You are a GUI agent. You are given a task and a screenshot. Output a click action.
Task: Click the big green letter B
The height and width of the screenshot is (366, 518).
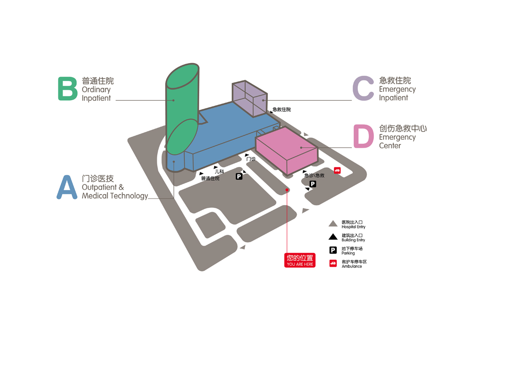click(x=68, y=88)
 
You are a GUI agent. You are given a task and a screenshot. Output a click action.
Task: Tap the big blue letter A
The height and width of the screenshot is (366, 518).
click(x=67, y=187)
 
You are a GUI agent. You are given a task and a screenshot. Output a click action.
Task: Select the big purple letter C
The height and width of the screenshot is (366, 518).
click(x=363, y=88)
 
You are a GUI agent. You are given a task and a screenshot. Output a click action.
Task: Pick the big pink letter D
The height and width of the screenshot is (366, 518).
click(x=364, y=136)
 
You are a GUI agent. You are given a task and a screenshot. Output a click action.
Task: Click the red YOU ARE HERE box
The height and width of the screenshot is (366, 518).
click(x=300, y=260)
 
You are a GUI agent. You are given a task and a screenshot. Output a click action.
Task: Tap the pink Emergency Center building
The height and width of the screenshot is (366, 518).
click(x=287, y=150)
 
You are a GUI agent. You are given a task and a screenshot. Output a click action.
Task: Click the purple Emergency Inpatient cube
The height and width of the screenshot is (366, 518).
click(x=250, y=98)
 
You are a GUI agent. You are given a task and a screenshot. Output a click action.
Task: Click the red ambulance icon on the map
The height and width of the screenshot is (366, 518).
click(x=337, y=170)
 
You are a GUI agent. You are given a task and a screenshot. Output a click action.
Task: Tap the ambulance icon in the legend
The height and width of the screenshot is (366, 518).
click(x=333, y=263)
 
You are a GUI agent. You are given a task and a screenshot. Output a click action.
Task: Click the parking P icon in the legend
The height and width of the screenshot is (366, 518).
click(x=333, y=250)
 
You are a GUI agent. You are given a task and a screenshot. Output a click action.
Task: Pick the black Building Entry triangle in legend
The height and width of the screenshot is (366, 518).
click(x=333, y=237)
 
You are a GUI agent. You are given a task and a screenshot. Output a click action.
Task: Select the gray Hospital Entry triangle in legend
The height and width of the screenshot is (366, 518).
click(x=333, y=223)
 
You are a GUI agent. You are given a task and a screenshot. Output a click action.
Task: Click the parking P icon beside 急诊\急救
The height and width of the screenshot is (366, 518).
click(x=313, y=184)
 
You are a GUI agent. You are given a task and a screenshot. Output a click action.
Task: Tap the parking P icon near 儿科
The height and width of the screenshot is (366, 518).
click(x=239, y=176)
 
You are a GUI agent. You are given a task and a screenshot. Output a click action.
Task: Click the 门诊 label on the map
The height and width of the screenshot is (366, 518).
click(x=251, y=159)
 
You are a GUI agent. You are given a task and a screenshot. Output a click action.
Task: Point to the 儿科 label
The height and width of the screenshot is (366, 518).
click(x=219, y=172)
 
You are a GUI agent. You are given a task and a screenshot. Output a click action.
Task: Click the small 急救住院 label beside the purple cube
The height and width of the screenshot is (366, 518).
click(x=282, y=110)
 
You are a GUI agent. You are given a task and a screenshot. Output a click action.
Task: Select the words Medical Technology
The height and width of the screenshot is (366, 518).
click(x=115, y=196)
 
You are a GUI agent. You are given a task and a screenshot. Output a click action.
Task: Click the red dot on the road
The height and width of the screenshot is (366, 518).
click(x=287, y=190)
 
